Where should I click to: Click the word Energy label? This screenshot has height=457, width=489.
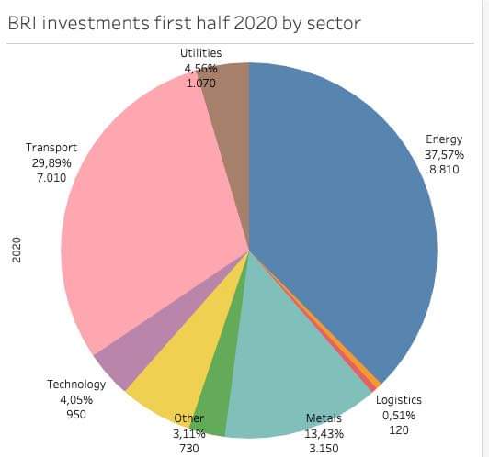[444, 139]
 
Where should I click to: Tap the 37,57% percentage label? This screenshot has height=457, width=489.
[444, 155]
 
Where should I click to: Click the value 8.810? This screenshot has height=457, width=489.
[444, 171]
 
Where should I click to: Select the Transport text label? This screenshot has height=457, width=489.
[52, 147]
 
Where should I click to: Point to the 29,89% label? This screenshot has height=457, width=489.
[51, 162]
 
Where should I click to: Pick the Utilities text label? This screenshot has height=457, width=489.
[200, 53]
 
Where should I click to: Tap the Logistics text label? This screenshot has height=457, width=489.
[399, 399]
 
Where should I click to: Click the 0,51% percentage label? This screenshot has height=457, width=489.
[398, 415]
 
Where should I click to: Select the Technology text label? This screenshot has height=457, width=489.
[76, 384]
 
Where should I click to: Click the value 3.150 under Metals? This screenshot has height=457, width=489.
[323, 448]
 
